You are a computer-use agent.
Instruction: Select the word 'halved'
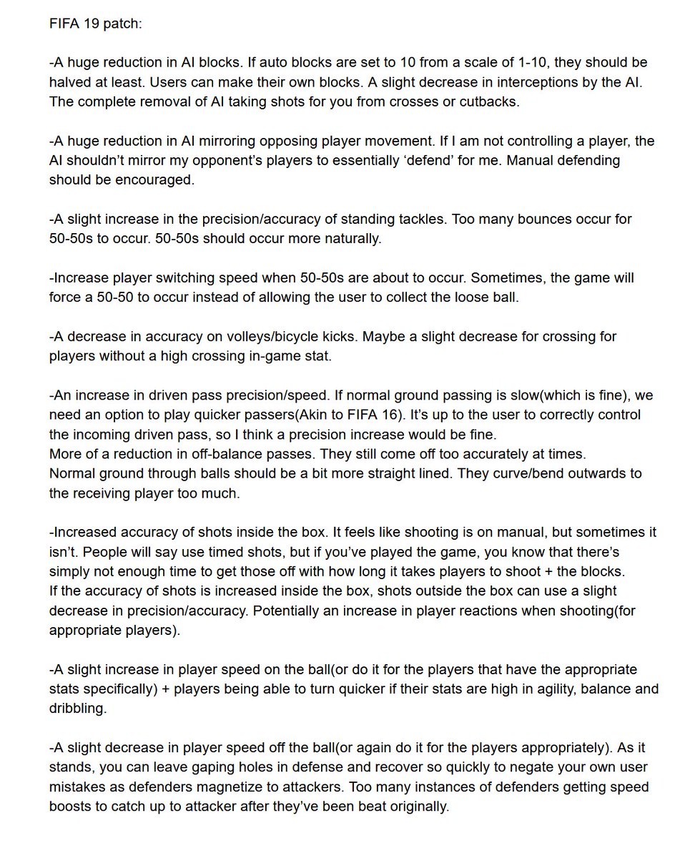pos(70,82)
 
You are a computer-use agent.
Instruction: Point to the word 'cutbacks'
pos(490,102)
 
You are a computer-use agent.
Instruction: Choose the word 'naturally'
pos(345,238)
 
